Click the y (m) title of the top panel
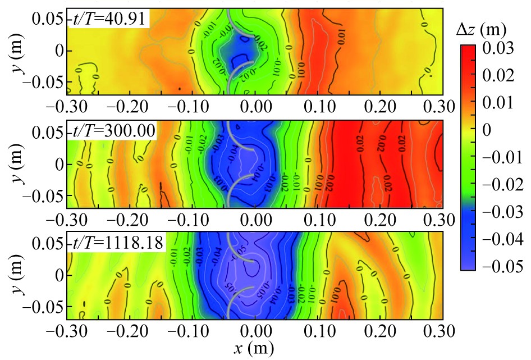coord(14,51)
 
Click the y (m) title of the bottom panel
coord(14,276)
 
